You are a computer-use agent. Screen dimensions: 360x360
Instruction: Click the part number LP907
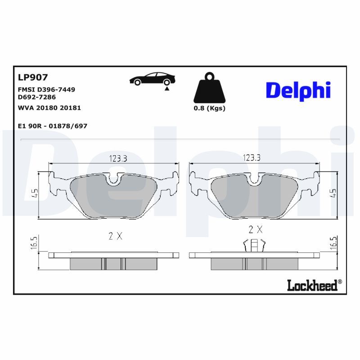(32, 78)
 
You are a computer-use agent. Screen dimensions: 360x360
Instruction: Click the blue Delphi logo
(298, 90)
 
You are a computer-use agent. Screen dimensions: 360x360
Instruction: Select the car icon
(151, 79)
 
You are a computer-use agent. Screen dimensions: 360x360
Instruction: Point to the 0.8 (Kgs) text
(209, 108)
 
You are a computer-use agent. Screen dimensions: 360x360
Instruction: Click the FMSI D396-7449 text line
(46, 90)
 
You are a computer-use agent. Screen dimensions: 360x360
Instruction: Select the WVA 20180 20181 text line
(49, 108)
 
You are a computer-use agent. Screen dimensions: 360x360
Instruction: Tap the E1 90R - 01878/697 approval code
(53, 126)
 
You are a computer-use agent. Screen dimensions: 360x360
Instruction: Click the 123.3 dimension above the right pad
(252, 158)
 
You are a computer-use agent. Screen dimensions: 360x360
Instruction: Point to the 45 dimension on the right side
(333, 194)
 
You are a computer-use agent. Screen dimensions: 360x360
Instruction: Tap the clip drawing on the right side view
(255, 246)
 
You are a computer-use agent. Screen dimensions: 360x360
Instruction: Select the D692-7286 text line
(37, 97)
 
